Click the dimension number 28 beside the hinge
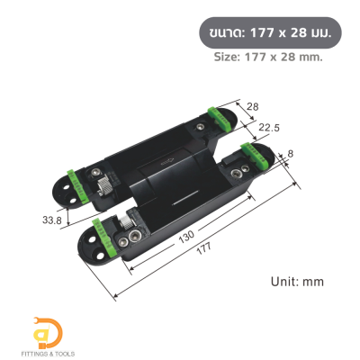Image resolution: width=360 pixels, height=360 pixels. pos(252,107)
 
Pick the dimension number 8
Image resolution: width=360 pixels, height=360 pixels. pos(291,154)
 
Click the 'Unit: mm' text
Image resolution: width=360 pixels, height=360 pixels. pos(297,281)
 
